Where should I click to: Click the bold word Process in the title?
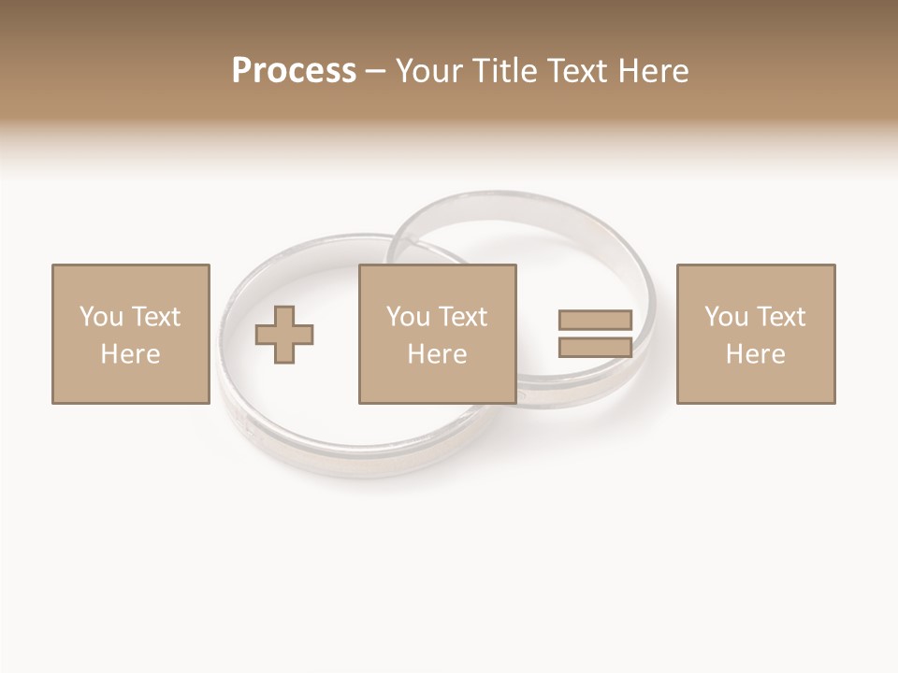(x=294, y=71)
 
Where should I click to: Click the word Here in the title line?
(x=654, y=71)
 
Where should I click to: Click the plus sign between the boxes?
(x=284, y=335)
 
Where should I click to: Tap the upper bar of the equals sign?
(x=595, y=320)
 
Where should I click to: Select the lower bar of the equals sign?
(x=595, y=348)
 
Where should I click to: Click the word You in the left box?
(x=101, y=317)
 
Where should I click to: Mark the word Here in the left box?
(x=130, y=354)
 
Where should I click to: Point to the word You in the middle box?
(x=408, y=317)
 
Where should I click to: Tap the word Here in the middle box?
(x=437, y=354)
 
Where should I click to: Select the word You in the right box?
(x=726, y=317)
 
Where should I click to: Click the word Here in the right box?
(x=755, y=354)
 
